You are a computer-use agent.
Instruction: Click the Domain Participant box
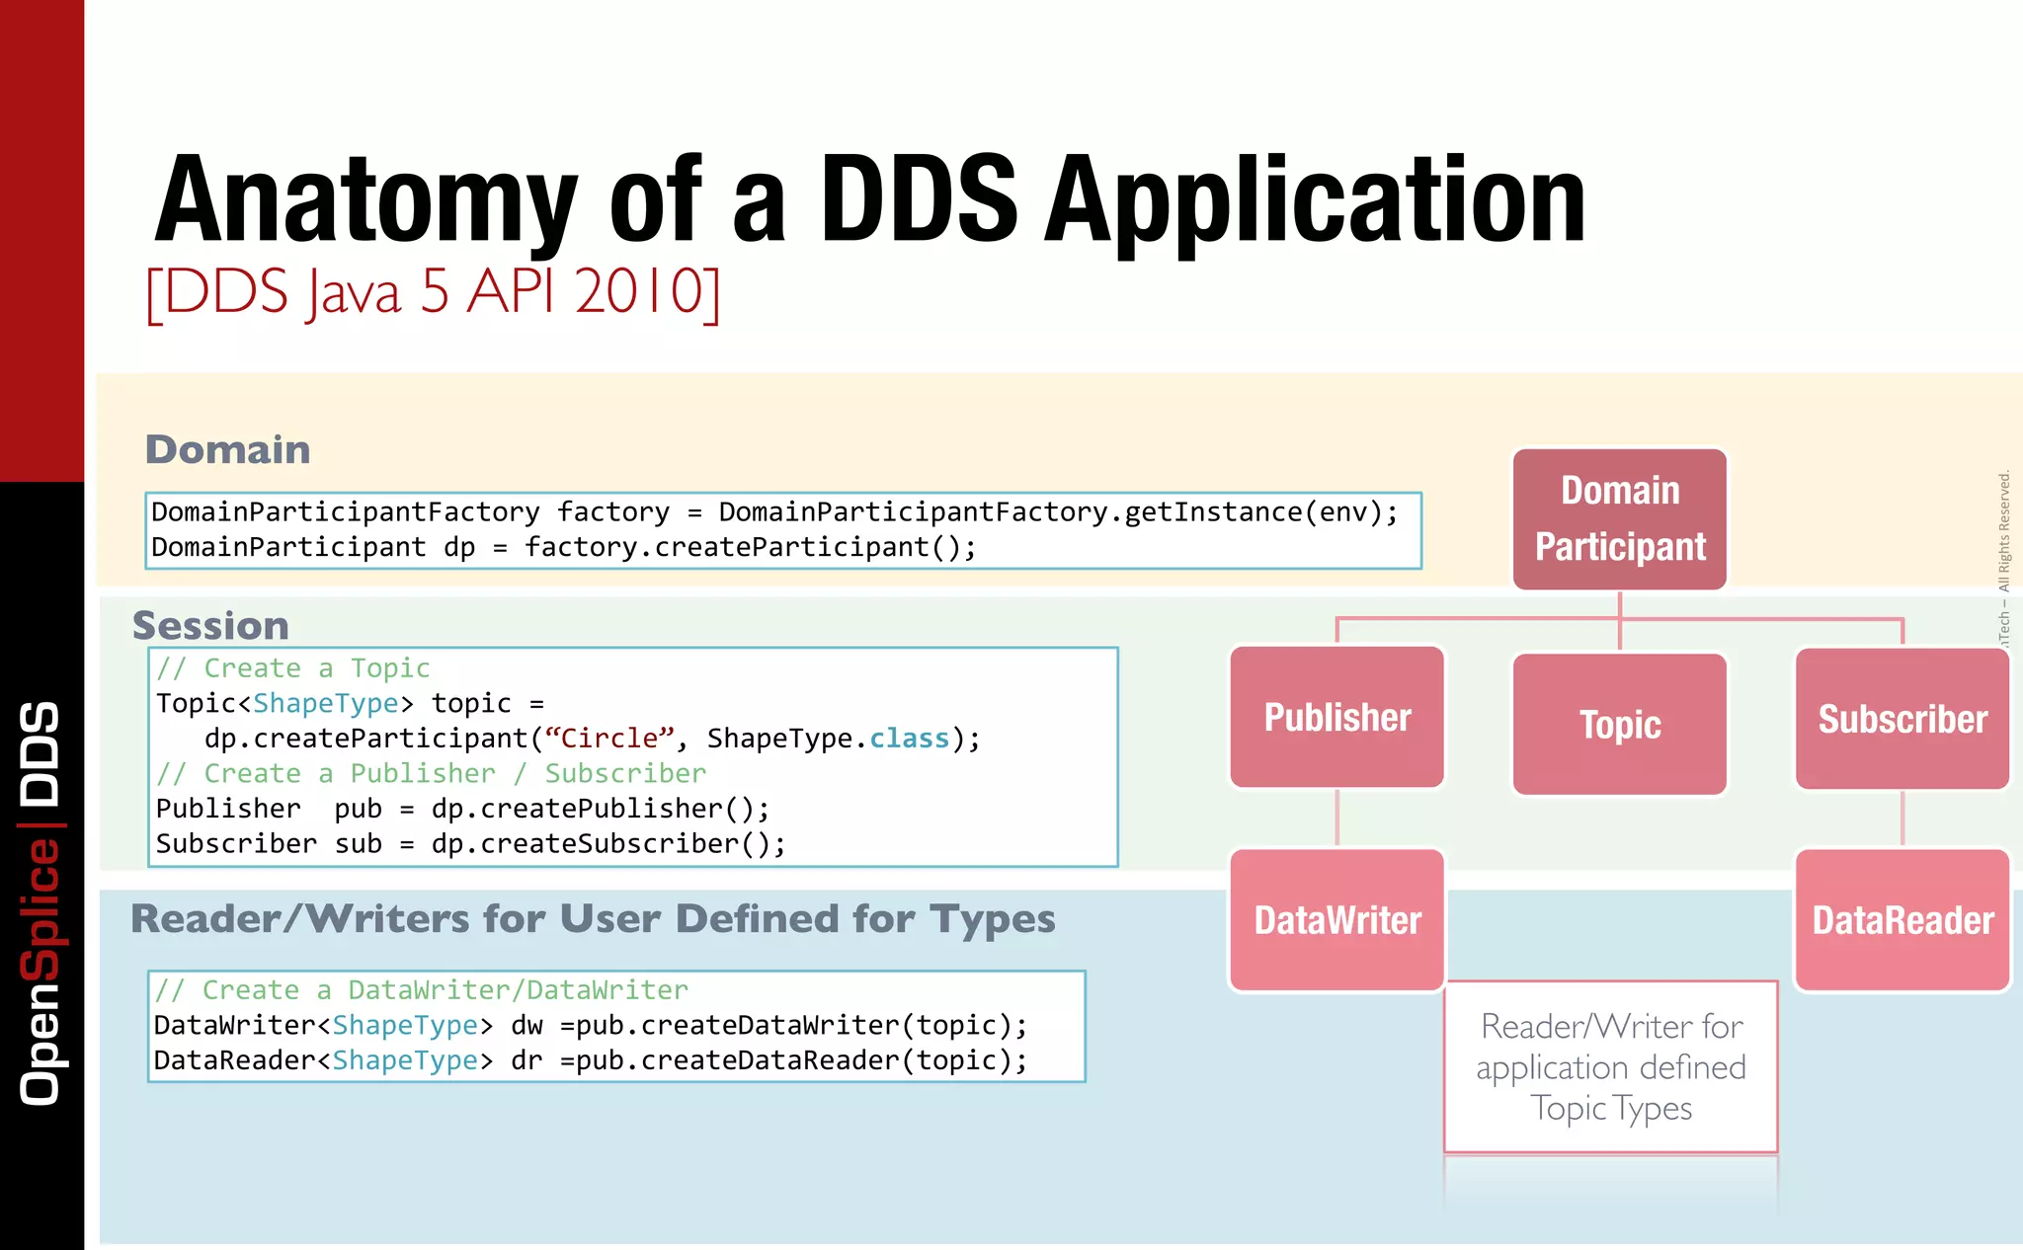pyautogui.click(x=1620, y=519)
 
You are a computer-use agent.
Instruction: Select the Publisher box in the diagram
pyautogui.click(x=1337, y=718)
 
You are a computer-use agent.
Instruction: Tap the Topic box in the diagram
pyautogui.click(x=1620, y=725)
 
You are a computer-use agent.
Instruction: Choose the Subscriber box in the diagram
pyautogui.click(x=1902, y=720)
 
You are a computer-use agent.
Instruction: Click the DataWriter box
pyautogui.click(x=1337, y=920)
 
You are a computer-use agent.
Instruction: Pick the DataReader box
pyautogui.click(x=1902, y=920)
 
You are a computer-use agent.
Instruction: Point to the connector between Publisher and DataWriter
pyautogui.click(x=1337, y=819)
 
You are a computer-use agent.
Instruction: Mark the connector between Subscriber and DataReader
pyautogui.click(x=1902, y=819)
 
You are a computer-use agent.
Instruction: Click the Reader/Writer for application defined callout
pyautogui.click(x=1611, y=1067)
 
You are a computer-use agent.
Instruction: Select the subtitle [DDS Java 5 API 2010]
pyautogui.click(x=433, y=292)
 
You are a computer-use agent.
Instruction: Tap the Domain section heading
pyautogui.click(x=228, y=450)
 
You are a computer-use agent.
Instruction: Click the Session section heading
pyautogui.click(x=210, y=626)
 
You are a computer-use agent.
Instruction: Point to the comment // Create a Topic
pyautogui.click(x=293, y=668)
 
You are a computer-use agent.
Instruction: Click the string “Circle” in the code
pyautogui.click(x=608, y=739)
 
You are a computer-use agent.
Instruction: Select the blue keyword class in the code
pyautogui.click(x=909, y=739)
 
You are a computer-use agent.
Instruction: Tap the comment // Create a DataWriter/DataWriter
pyautogui.click(x=422, y=990)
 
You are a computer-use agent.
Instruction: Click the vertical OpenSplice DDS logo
pyautogui.click(x=41, y=903)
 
